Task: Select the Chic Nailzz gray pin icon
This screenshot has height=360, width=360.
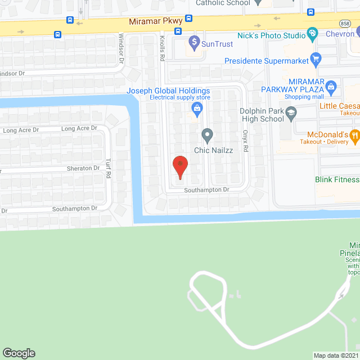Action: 207,134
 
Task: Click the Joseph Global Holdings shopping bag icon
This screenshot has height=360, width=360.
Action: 196,108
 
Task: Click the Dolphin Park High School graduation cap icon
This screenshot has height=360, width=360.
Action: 291,115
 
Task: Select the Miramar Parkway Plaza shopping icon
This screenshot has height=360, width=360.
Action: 331,86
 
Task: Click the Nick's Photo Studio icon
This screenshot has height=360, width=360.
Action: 312,34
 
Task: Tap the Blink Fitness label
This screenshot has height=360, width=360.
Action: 336,180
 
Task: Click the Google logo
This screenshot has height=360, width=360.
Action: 19,353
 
